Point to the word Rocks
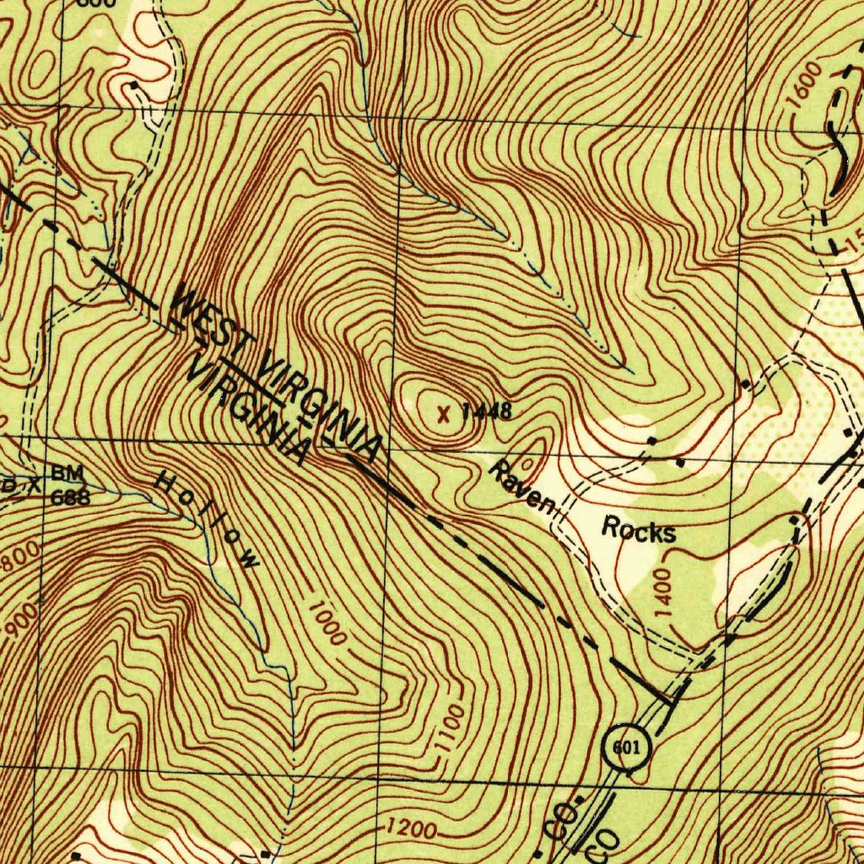tap(639, 532)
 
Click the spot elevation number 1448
tap(487, 412)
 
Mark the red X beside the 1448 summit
tap(444, 413)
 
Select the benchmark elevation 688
tap(70, 497)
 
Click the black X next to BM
tap(34, 484)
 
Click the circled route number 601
tap(627, 748)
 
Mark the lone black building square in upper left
tap(135, 85)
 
